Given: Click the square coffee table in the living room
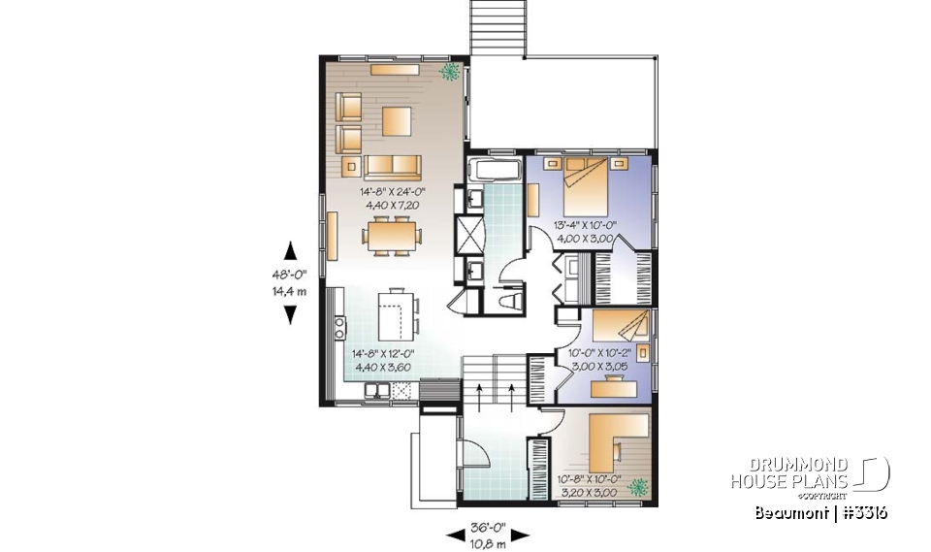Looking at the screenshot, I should [x=396, y=120].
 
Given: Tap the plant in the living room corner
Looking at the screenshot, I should [x=450, y=72].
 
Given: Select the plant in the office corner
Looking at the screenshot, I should [x=637, y=487].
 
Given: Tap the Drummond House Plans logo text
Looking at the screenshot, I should [x=789, y=473].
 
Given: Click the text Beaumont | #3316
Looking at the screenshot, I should [x=820, y=512].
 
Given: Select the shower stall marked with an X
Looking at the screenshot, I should [x=471, y=234].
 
